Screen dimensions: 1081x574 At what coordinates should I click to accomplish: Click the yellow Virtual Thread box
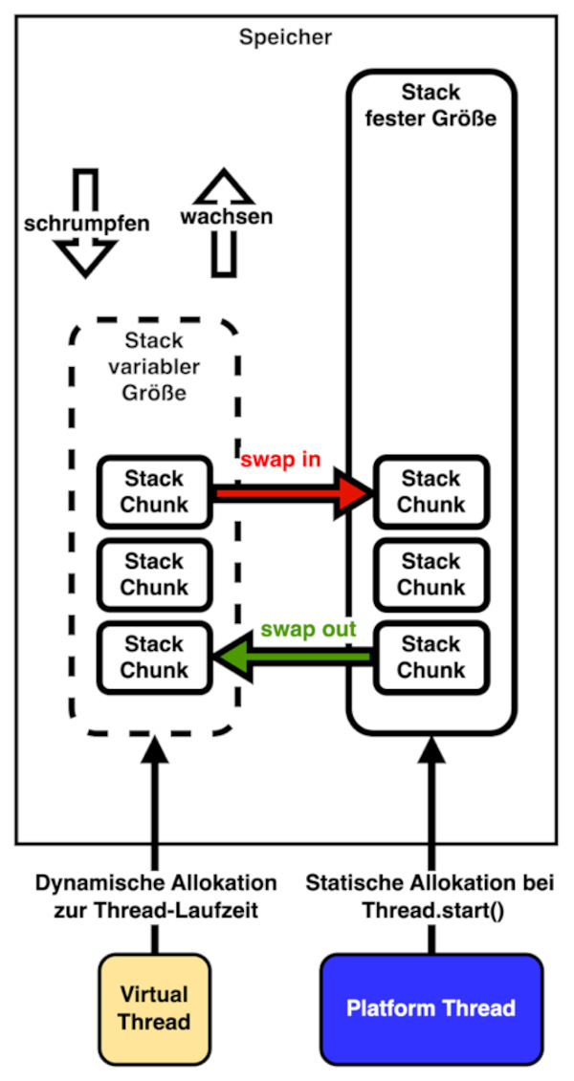pyautogui.click(x=154, y=1008)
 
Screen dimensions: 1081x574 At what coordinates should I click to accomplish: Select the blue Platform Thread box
pyautogui.click(x=430, y=1008)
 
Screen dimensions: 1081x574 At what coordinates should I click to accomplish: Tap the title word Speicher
pyautogui.click(x=285, y=38)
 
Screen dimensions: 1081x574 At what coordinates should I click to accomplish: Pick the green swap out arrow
pyautogui.click(x=293, y=658)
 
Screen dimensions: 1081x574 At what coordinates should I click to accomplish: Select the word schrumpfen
pyautogui.click(x=86, y=224)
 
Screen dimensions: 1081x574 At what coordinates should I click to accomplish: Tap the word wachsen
pyautogui.click(x=226, y=217)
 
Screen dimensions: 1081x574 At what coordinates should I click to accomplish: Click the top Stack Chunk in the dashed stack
pyautogui.click(x=154, y=491)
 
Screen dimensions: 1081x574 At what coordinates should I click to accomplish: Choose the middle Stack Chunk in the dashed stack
pyautogui.click(x=154, y=574)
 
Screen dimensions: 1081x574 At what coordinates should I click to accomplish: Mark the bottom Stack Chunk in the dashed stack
pyautogui.click(x=154, y=657)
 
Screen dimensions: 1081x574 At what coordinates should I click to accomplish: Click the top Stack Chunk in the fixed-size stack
pyautogui.click(x=430, y=491)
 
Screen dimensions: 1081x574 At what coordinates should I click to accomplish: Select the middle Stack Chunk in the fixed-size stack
pyautogui.click(x=430, y=574)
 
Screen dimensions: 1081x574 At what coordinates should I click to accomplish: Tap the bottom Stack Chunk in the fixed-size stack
pyautogui.click(x=430, y=657)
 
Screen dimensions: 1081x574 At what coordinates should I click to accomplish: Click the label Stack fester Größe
pyautogui.click(x=430, y=107)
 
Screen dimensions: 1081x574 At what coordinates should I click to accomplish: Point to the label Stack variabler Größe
pyautogui.click(x=154, y=367)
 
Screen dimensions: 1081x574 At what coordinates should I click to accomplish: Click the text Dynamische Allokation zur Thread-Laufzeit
pyautogui.click(x=155, y=897)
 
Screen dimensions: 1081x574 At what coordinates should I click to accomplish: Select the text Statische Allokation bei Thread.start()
pyautogui.click(x=430, y=897)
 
